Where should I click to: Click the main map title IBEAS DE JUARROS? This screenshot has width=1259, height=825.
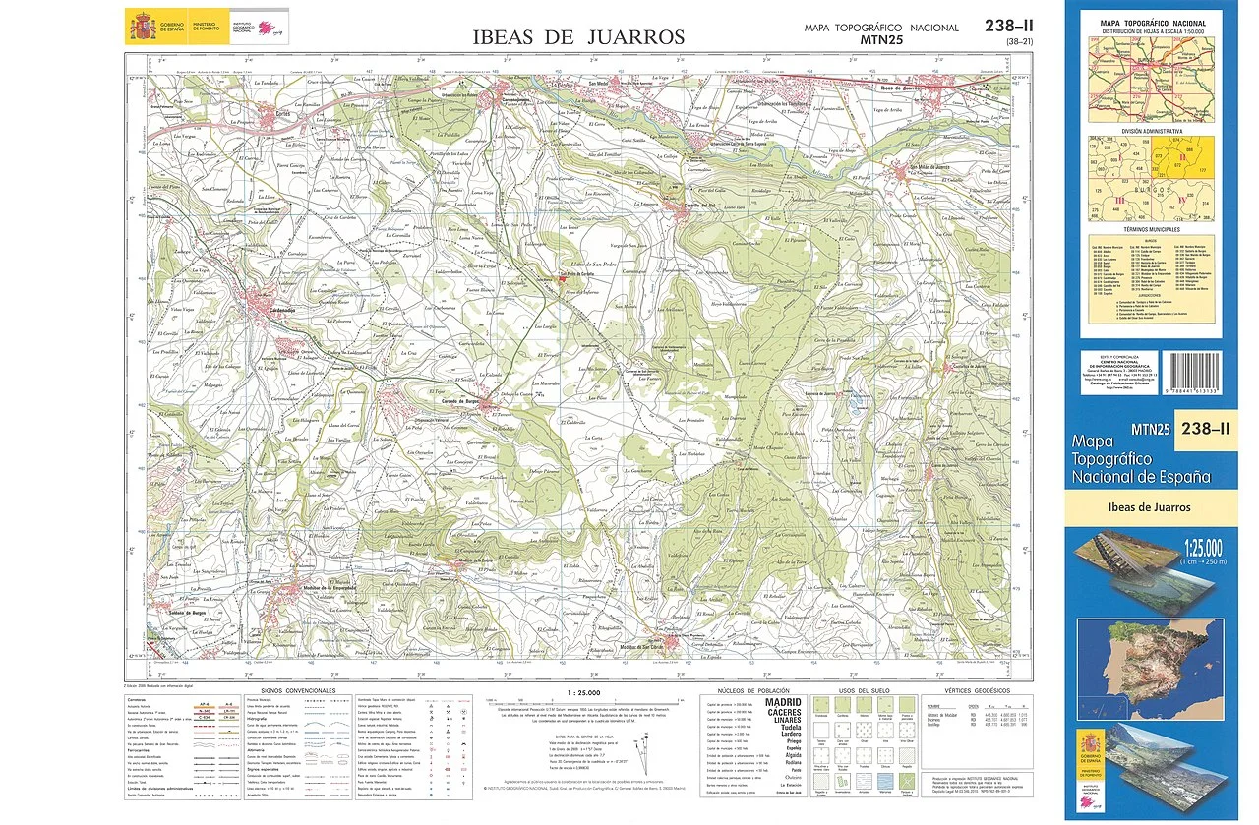[577, 37]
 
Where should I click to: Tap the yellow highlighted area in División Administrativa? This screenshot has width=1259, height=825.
[1196, 159]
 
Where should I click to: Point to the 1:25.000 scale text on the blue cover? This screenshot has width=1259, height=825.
[1189, 547]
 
